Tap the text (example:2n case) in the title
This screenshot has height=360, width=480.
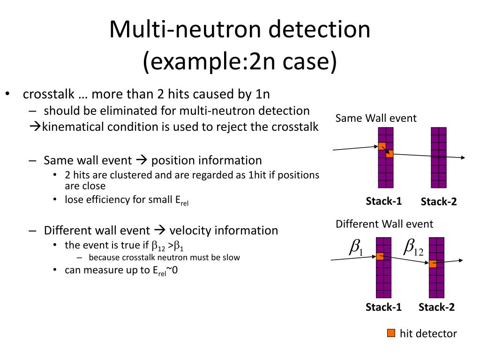coord(240,62)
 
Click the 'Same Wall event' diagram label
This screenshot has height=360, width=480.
coord(376,118)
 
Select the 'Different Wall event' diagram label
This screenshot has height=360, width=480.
coord(384,224)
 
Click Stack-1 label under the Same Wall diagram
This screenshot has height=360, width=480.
coord(384,202)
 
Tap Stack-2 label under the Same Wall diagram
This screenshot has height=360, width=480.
coord(439,202)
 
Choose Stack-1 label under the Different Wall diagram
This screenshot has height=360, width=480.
coord(384,307)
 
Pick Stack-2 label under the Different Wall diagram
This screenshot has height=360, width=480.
coord(436,307)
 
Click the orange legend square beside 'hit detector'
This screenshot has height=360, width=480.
coord(391,333)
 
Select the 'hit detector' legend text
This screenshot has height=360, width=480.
coord(428,334)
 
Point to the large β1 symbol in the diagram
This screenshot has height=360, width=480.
coord(356,247)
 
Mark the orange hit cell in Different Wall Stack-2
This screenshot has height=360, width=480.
coord(433,264)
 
